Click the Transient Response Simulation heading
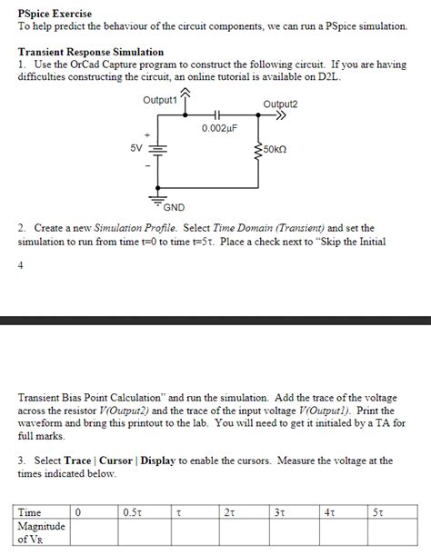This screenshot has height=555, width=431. (91, 53)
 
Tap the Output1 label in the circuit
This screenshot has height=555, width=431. (159, 100)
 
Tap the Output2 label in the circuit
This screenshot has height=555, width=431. (280, 104)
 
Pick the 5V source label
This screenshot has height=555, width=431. (135, 147)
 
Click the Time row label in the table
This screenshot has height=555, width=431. (30, 512)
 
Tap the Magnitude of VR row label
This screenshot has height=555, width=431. (42, 531)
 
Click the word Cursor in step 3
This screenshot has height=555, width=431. (116, 461)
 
